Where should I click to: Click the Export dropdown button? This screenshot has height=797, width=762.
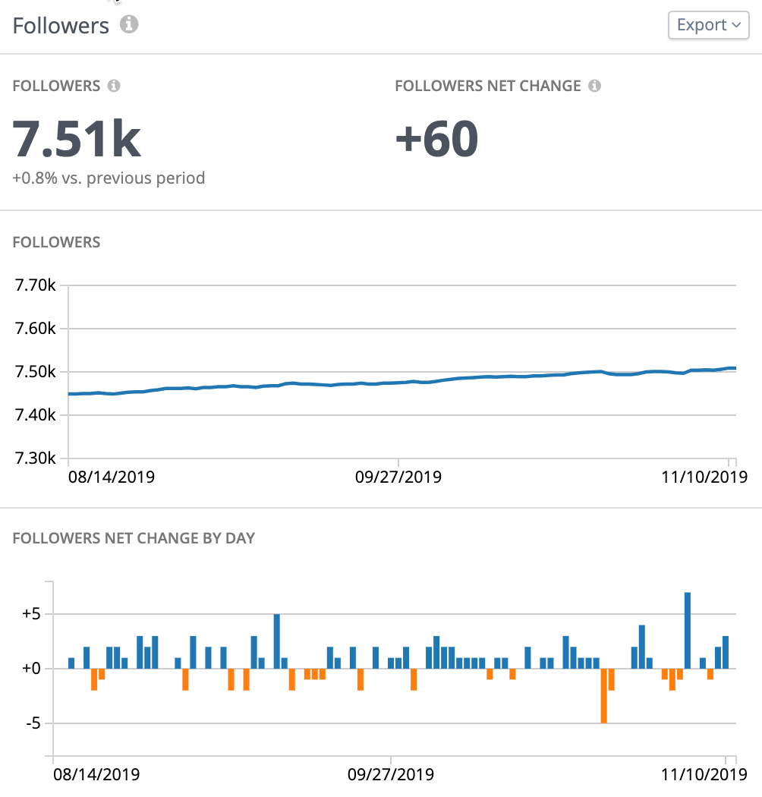pyautogui.click(x=708, y=25)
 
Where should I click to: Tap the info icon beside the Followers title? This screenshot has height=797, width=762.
pyautogui.click(x=130, y=25)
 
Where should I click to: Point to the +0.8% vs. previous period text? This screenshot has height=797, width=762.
pyautogui.click(x=109, y=178)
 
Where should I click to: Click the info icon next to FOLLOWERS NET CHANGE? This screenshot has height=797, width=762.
pyautogui.click(x=595, y=86)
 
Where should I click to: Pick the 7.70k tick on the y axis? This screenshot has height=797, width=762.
pyautogui.click(x=35, y=286)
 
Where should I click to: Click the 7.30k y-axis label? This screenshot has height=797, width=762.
pyautogui.click(x=35, y=458)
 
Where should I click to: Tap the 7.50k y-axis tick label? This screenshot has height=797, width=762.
pyautogui.click(x=35, y=372)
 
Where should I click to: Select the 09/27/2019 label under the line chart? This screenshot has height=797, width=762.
pyautogui.click(x=398, y=477)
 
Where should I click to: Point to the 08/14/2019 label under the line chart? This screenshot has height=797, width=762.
pyautogui.click(x=111, y=477)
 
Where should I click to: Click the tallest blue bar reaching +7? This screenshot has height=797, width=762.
pyautogui.click(x=688, y=630)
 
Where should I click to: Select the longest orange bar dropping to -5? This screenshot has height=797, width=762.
pyautogui.click(x=603, y=695)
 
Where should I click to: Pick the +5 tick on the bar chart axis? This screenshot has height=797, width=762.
pyautogui.click(x=30, y=614)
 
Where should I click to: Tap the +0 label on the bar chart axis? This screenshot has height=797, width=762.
pyautogui.click(x=30, y=669)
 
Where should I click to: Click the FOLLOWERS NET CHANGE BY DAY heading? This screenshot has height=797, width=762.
pyautogui.click(x=134, y=539)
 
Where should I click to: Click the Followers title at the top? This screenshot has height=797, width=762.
pyautogui.click(x=61, y=25)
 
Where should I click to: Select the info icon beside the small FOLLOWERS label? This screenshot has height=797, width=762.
pyautogui.click(x=114, y=86)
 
